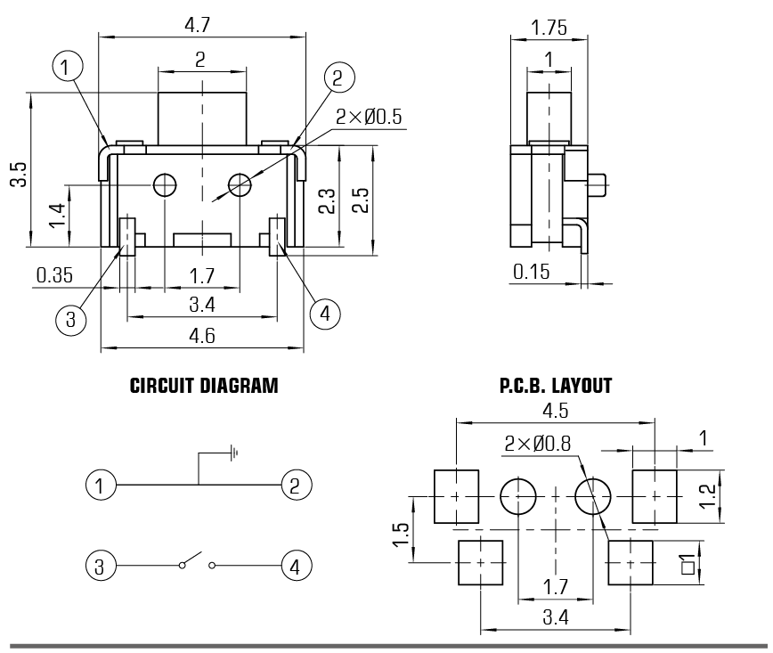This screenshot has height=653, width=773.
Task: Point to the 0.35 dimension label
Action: pos(55,276)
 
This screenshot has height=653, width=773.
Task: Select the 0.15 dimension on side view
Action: pos(532,271)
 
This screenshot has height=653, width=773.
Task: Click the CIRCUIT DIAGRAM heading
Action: pos(204,387)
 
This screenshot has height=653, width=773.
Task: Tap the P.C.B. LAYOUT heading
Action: pos(557,387)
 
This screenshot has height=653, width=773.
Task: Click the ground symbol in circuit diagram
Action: pos(232,453)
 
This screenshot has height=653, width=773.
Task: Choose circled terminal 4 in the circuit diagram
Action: pos(295,564)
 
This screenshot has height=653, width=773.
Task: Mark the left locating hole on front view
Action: pos(164,185)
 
